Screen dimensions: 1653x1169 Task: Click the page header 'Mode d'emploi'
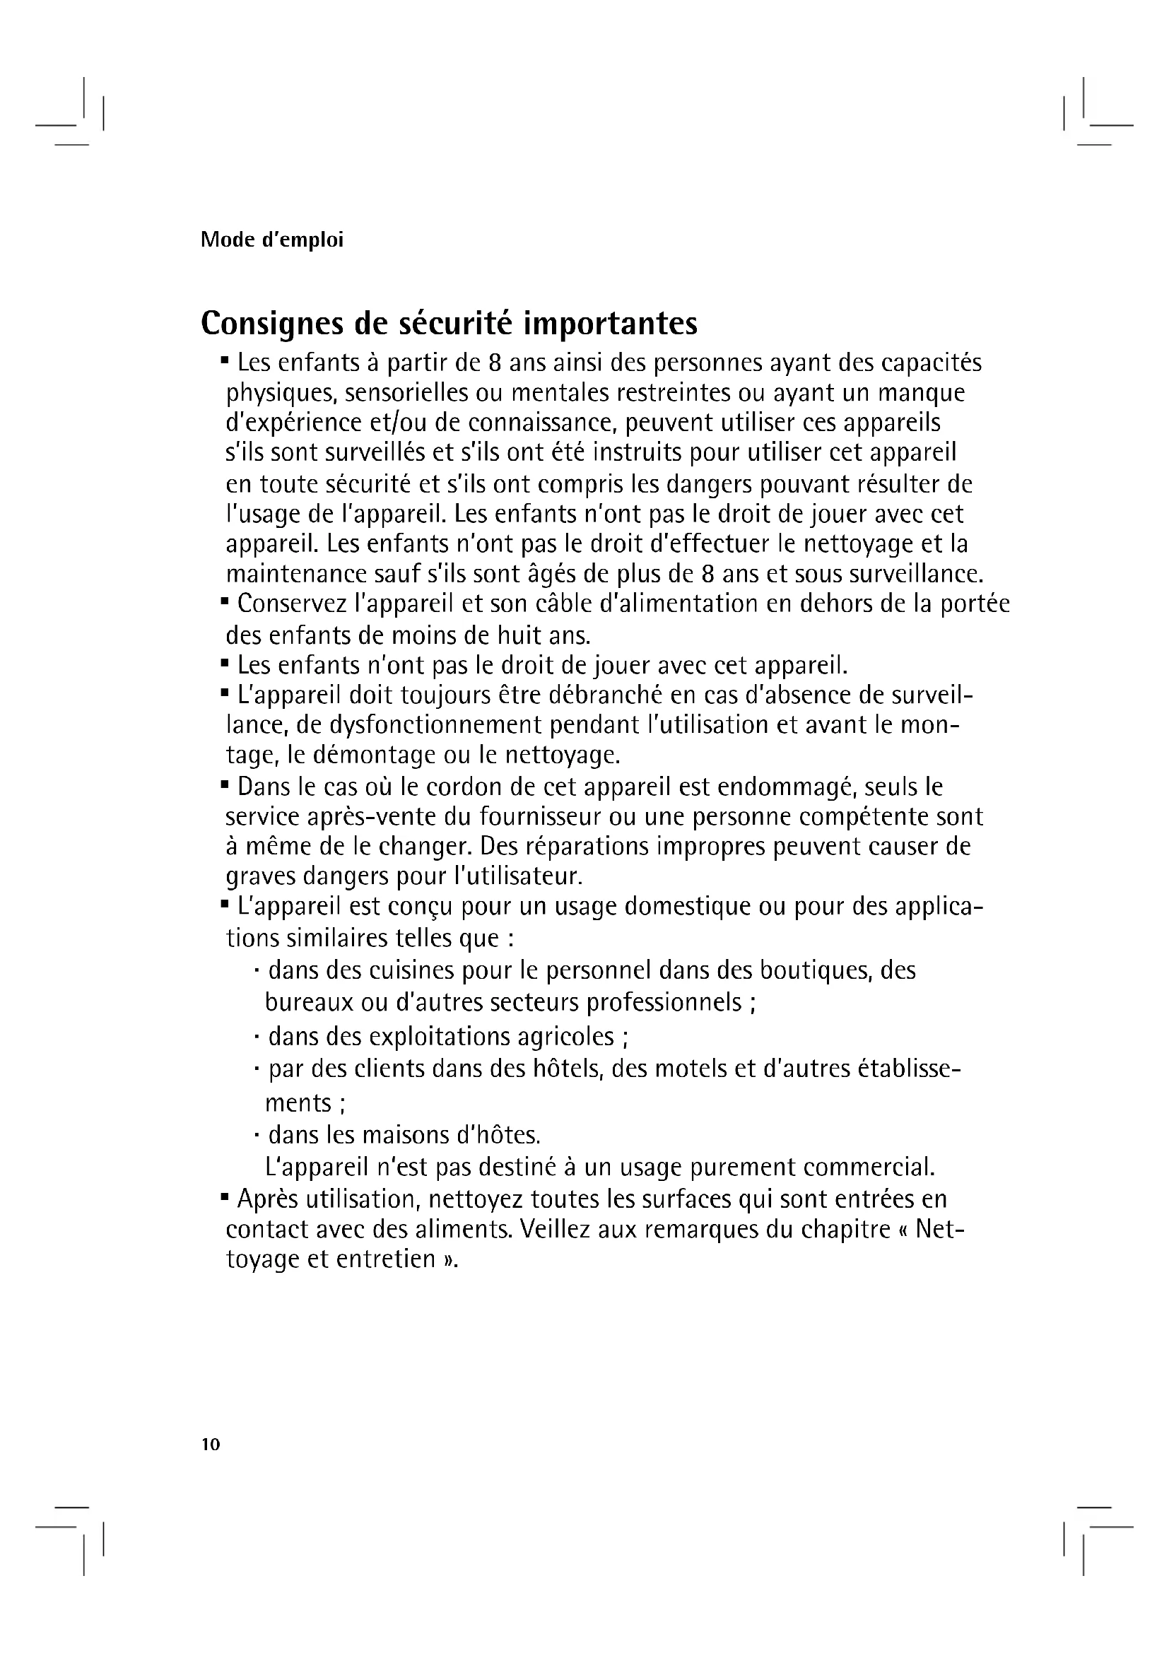click(271, 240)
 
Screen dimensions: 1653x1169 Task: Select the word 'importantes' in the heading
click(610, 324)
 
